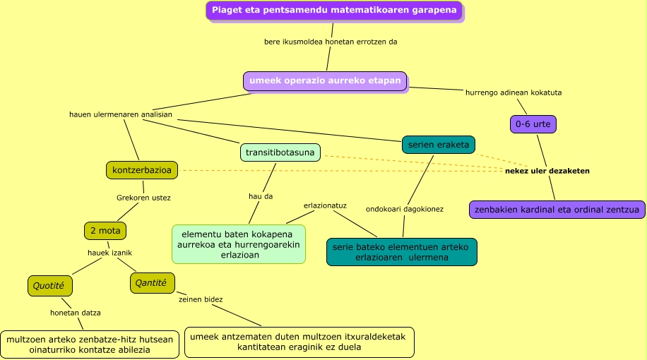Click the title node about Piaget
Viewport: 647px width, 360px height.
pos(334,11)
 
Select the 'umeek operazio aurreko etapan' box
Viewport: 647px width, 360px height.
pos(324,80)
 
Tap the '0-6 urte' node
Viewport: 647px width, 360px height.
pos(533,124)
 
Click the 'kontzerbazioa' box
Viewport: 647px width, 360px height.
pos(141,169)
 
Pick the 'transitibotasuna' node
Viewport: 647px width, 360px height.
pos(280,152)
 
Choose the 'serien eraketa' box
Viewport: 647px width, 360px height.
pos(438,145)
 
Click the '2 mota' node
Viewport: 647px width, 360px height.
pos(105,230)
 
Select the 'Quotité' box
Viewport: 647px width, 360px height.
pos(49,286)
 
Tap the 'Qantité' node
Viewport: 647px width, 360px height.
pos(152,283)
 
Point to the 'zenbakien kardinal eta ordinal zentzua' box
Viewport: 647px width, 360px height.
pos(557,210)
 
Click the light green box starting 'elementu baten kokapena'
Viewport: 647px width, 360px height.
pos(239,244)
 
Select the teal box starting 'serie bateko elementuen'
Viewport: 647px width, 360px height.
pos(401,252)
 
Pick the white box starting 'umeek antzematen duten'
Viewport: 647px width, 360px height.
pos(298,342)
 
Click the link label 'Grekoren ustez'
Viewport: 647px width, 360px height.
pos(143,198)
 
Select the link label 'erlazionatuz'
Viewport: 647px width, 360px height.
pos(325,205)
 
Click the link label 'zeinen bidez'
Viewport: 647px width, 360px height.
pos(201,299)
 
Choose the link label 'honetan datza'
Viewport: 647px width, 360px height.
pos(75,312)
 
